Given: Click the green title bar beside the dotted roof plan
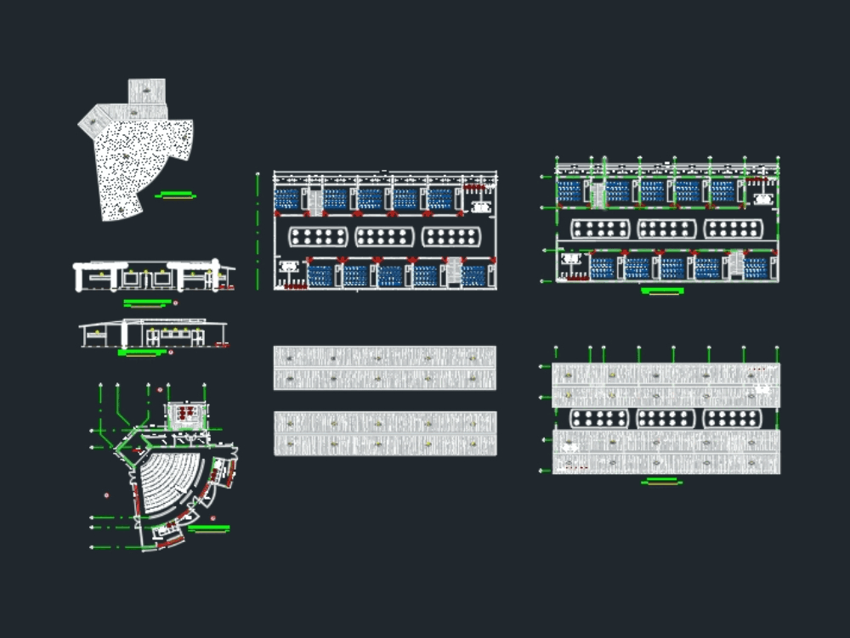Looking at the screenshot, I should click(x=176, y=195).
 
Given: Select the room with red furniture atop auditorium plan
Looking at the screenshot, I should click(x=186, y=415).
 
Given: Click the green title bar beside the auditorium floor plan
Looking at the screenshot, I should click(x=208, y=528).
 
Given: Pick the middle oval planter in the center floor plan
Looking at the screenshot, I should click(x=385, y=236).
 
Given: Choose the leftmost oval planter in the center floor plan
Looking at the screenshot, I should click(x=319, y=236).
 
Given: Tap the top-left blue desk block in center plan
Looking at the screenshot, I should click(x=287, y=199).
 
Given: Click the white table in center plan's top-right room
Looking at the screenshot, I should click(x=481, y=206).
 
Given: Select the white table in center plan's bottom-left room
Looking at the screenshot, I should click(x=289, y=267).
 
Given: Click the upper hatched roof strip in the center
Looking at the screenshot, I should click(x=384, y=368).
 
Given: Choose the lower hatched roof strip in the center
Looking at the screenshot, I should click(x=384, y=433).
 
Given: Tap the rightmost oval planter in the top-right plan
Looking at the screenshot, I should click(x=733, y=229).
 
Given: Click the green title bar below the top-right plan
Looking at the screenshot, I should click(x=662, y=291).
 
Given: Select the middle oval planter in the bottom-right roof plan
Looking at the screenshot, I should click(x=666, y=418).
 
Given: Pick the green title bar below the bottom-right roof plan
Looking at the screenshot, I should click(x=662, y=482).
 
